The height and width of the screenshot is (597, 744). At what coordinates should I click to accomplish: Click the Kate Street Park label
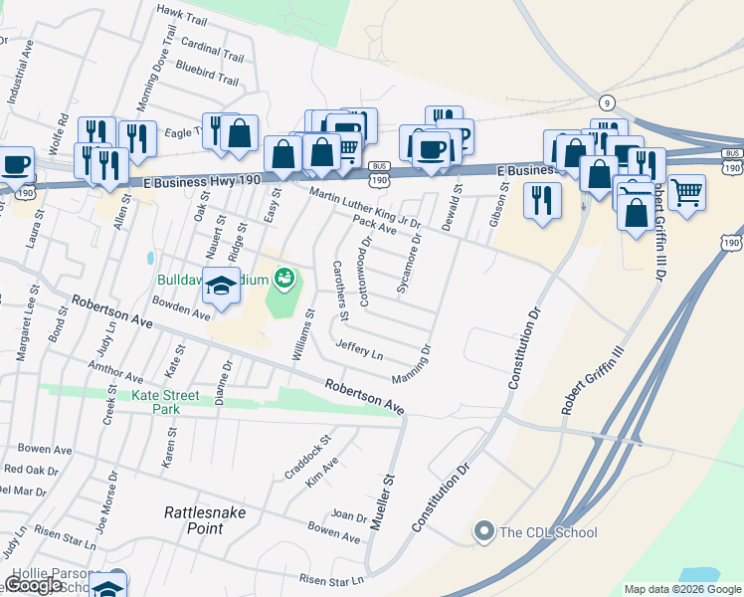pos(165,402)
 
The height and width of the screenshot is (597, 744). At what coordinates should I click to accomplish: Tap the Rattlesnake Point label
pos(205,520)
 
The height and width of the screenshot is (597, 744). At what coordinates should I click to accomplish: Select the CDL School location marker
pos(484,532)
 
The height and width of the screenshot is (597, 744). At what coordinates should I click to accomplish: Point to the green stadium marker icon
pos(284,278)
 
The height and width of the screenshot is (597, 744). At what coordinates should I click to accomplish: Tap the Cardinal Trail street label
pos(212,50)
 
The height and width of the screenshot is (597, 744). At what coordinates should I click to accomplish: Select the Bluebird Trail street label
pos(207,75)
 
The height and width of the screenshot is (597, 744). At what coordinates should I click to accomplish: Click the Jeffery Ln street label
pos(359,348)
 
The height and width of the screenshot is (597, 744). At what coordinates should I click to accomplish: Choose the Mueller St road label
pos(384,493)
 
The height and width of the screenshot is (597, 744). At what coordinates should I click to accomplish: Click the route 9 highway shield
pos(606,102)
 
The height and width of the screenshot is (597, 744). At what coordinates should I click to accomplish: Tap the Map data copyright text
pos(682,589)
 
